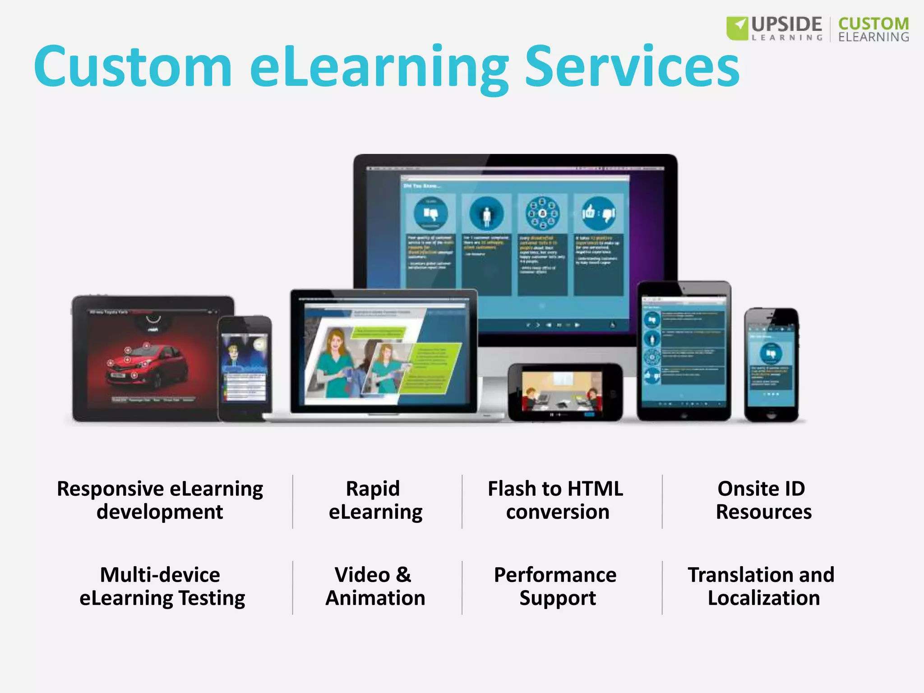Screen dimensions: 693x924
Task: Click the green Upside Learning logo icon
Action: coord(737,28)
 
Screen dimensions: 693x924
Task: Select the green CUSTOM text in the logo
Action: coord(873,23)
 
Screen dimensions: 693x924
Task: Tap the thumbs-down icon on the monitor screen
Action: coord(430,213)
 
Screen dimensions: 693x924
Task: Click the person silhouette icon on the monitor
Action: coord(486,214)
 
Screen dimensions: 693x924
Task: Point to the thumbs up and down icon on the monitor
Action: coord(598,213)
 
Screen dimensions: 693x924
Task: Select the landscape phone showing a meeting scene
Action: coord(565,392)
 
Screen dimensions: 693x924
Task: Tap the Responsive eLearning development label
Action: coord(160,500)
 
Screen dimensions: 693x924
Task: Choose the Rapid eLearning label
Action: coord(374,500)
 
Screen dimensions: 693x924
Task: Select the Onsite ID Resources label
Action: coord(762,500)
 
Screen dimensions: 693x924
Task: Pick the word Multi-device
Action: coord(160,575)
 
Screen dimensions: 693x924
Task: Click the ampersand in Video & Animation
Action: coord(403,575)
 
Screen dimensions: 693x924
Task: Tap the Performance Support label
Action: coord(556,587)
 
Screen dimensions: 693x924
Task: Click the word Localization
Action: coord(763,598)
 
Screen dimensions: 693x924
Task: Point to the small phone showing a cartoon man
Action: coord(245,368)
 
